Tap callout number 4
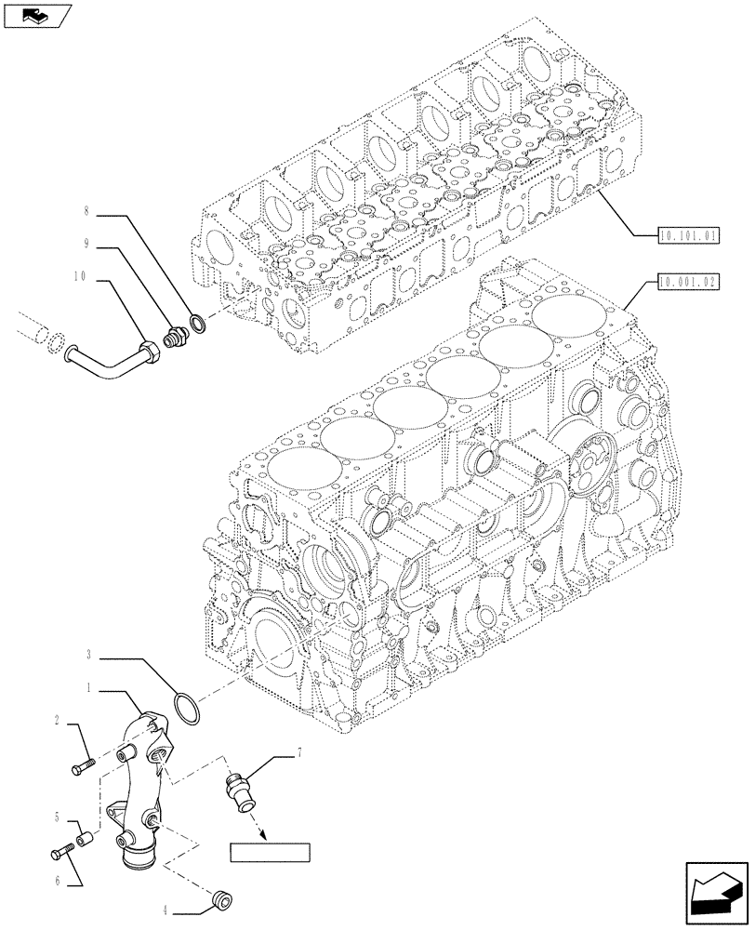[x=167, y=910]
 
